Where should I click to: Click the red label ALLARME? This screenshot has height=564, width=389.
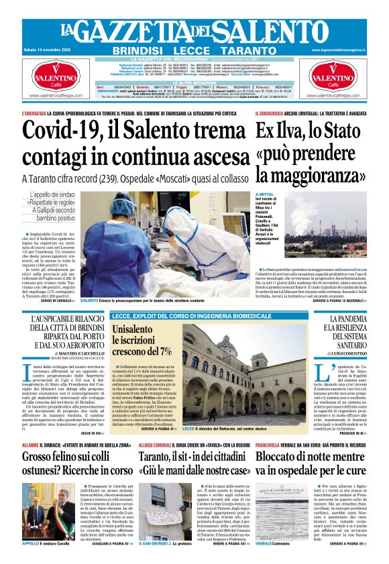coord(30,445)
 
